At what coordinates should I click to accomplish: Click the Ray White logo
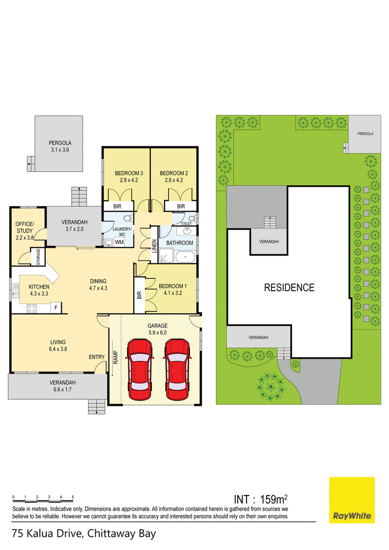coord(352,500)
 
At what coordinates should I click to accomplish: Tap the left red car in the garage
coord(140,369)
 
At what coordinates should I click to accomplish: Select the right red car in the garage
coord(177,369)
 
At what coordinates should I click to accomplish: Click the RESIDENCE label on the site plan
coord(289,288)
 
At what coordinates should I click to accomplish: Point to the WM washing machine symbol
coord(119,242)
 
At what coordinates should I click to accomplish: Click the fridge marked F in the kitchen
coord(56,308)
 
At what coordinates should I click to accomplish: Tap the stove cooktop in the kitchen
coord(32,309)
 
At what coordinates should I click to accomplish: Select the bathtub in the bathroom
coord(185,257)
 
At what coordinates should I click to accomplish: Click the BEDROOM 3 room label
coord(129,173)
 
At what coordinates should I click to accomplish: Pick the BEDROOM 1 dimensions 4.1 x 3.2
coord(173,293)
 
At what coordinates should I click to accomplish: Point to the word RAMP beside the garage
coord(116,358)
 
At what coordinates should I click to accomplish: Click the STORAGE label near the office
coord(38,257)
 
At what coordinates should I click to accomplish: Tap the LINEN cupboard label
coord(154,246)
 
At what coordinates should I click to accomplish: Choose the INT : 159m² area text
coord(261,499)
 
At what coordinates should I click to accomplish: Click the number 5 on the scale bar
coord(72,497)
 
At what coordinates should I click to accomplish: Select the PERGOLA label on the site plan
coord(365,134)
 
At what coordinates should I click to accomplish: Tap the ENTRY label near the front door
coord(97,357)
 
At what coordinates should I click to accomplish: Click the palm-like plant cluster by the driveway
coord(271,387)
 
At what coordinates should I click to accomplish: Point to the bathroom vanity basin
coord(186,230)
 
